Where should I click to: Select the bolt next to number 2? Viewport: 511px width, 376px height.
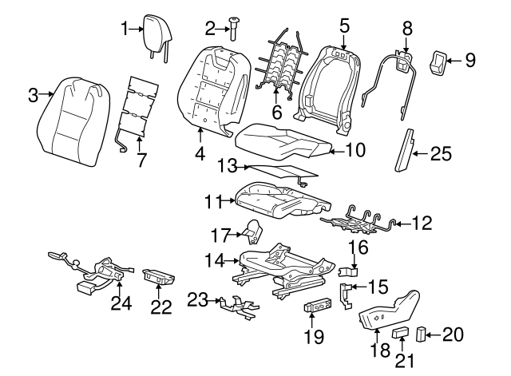click(x=234, y=30)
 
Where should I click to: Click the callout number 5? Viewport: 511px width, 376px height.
click(x=344, y=26)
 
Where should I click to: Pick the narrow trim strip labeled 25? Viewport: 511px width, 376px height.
click(x=408, y=150)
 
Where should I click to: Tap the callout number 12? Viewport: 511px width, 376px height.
click(x=422, y=225)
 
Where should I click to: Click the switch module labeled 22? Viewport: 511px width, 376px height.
click(x=160, y=276)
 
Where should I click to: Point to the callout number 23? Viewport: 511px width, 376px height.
click(x=196, y=299)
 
